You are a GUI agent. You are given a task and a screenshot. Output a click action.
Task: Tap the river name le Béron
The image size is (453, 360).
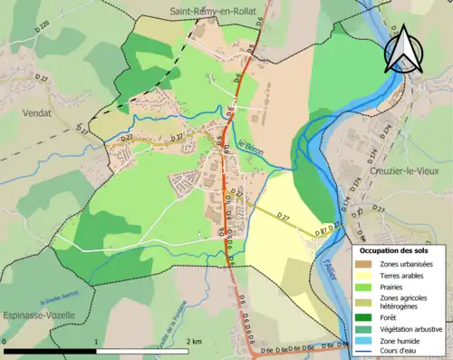251,148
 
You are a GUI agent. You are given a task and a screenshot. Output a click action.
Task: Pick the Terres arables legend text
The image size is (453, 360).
405,275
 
